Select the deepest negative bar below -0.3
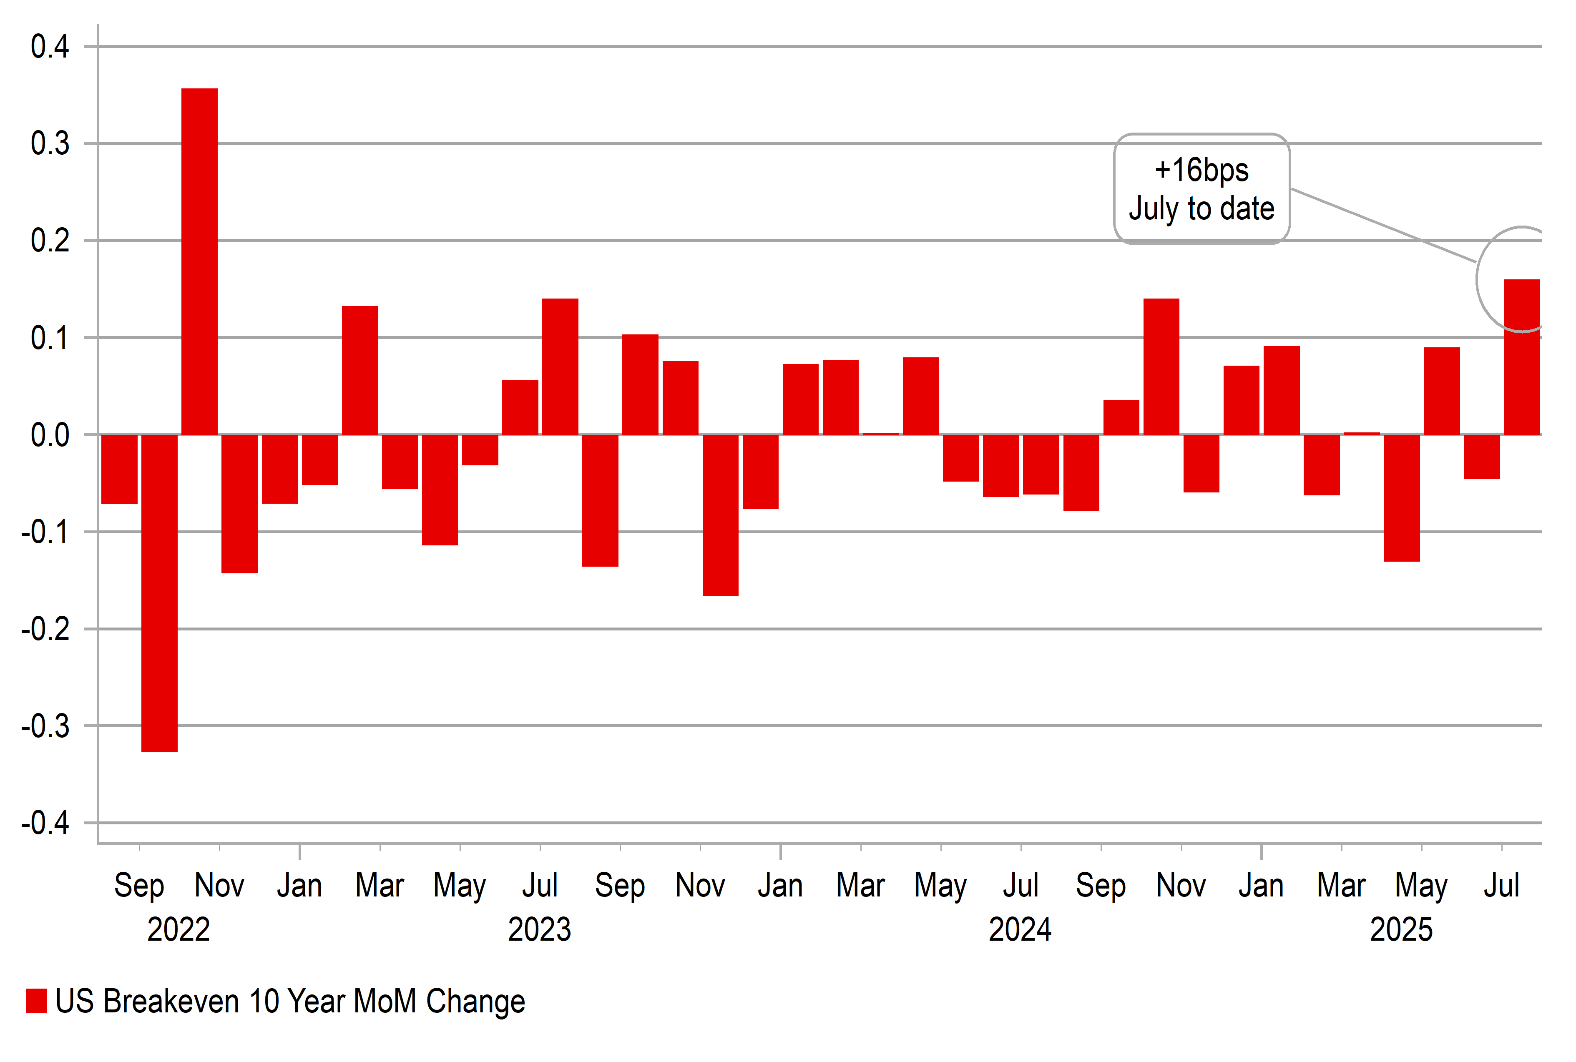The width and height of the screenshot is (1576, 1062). (159, 593)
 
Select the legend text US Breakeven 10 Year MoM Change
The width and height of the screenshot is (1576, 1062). (290, 1001)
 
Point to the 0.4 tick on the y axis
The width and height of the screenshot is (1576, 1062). (50, 47)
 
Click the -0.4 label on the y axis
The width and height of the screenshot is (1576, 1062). (45, 823)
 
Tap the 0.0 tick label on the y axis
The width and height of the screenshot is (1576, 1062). (50, 435)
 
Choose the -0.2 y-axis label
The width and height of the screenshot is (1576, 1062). (45, 629)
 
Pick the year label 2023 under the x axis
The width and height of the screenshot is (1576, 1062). (539, 929)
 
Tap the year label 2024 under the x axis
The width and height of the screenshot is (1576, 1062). (1020, 929)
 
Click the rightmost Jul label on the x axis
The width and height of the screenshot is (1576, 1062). (1501, 885)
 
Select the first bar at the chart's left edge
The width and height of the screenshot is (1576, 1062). (119, 469)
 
